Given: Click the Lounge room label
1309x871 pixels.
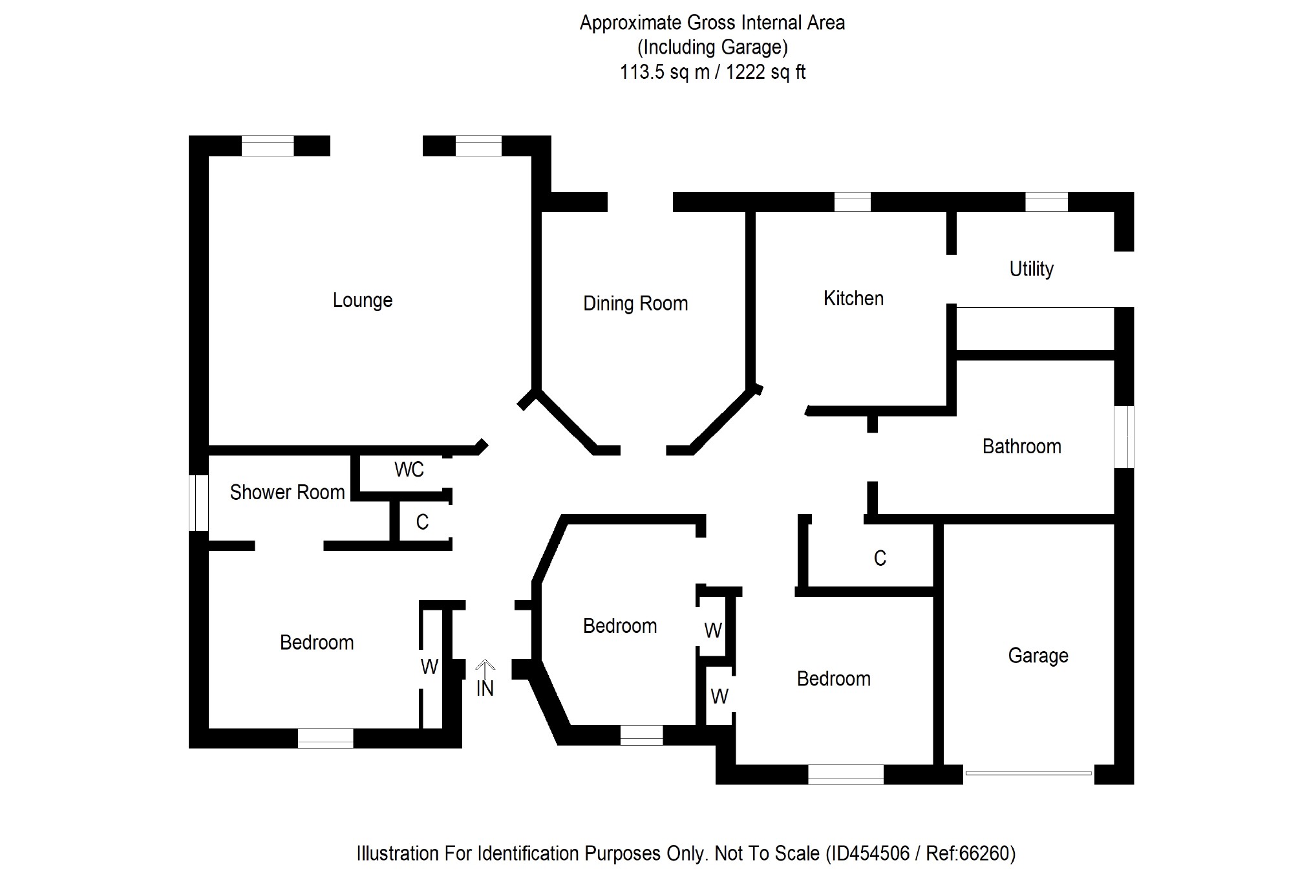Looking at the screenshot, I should tap(362, 301).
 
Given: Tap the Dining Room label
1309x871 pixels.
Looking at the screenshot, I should tap(635, 304).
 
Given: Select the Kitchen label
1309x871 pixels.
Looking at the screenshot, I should tap(853, 299).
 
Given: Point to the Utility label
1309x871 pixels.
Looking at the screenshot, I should tap(1031, 269).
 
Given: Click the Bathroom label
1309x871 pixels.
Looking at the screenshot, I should tap(1021, 447).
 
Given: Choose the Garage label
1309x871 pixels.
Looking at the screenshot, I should tap(1038, 656).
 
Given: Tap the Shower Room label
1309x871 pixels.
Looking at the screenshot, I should tap(287, 493).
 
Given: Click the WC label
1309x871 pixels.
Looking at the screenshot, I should tap(409, 470).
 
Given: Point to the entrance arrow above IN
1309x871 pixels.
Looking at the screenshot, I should tap(485, 668).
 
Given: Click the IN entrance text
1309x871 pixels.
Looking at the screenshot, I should tap(485, 689).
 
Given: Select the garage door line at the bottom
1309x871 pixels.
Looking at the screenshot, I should tap(1028, 773).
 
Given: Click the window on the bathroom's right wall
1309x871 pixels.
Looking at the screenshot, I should tap(1125, 436).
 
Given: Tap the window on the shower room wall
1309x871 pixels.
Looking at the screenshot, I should tap(198, 503).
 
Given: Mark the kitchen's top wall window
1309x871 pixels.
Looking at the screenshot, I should tap(852, 202).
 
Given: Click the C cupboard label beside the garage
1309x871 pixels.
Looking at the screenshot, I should tap(879, 559).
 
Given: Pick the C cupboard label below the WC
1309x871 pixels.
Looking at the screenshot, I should tap(422, 522).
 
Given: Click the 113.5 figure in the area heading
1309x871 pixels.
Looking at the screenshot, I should tap(641, 72).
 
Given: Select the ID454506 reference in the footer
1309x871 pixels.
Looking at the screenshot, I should tap(870, 854).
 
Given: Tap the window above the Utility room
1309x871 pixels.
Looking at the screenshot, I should tap(1046, 202).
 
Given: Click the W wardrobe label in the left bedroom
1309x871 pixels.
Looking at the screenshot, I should tap(429, 667).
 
